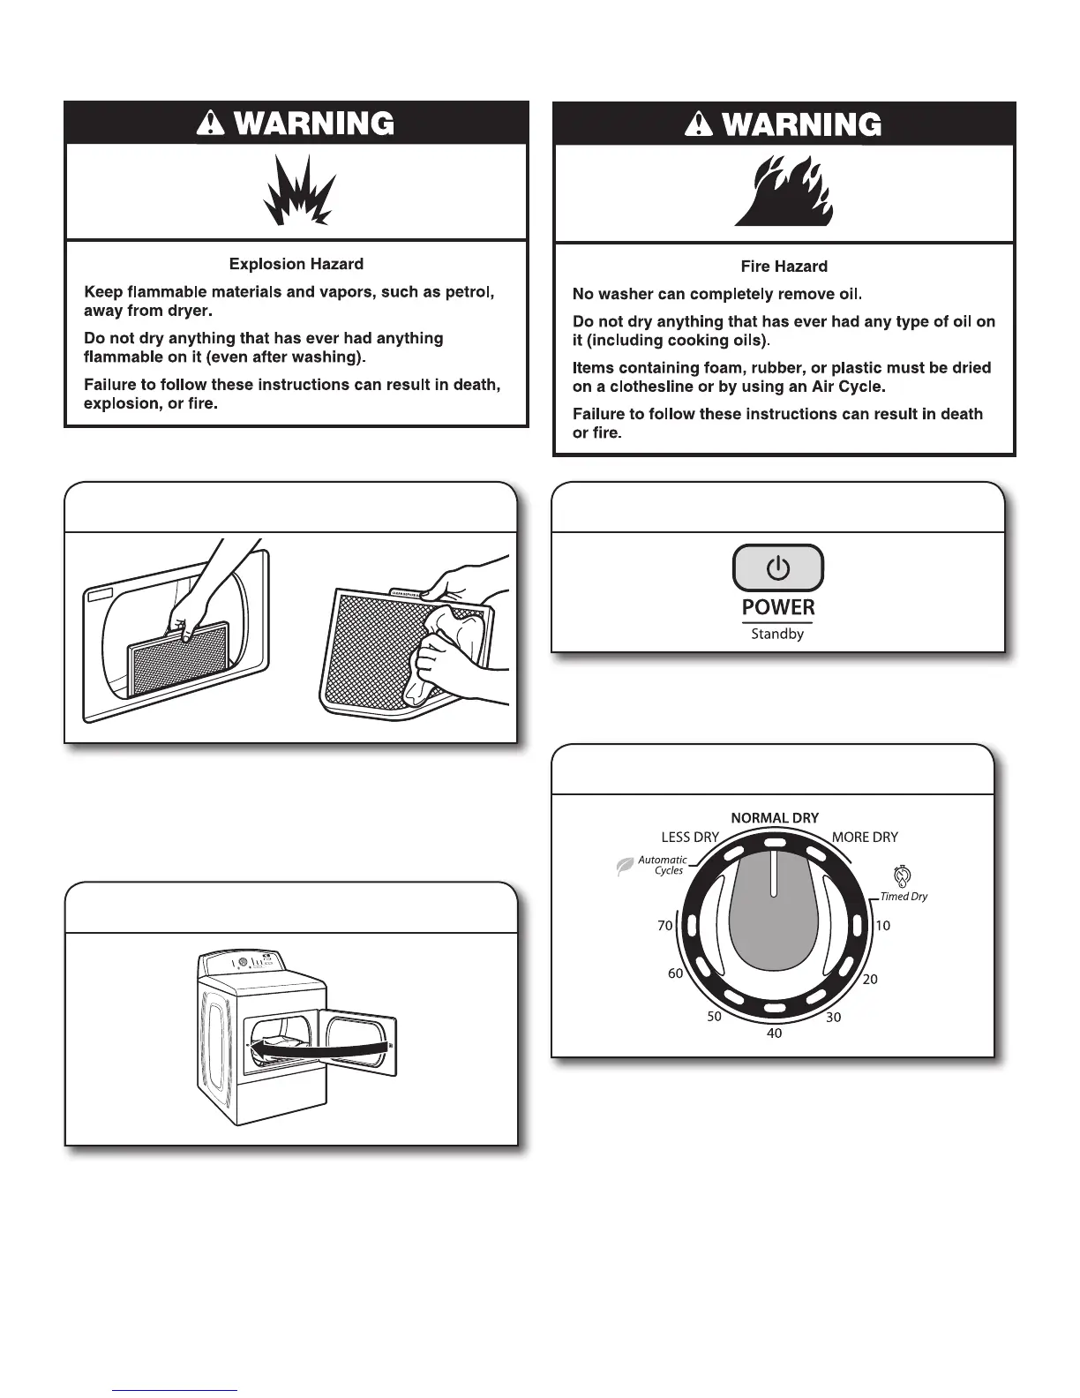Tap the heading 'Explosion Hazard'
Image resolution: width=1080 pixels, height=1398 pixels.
point(296,264)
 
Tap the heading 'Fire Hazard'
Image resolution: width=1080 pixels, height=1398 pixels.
point(784,267)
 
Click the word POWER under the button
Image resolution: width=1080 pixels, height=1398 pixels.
point(778,607)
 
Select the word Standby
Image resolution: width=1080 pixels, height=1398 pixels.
point(777,634)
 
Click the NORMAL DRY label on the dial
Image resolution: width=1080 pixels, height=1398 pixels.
point(775,818)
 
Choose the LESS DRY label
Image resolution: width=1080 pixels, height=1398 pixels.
point(690,838)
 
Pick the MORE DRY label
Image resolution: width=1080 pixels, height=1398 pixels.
point(865,838)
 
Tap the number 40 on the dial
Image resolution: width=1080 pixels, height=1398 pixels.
point(774,1033)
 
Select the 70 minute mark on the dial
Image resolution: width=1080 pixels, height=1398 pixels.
point(664,926)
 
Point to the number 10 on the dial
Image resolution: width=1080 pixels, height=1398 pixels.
point(882,926)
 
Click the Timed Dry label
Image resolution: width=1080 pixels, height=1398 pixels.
point(904,897)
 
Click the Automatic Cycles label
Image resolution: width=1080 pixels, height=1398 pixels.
point(663,865)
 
